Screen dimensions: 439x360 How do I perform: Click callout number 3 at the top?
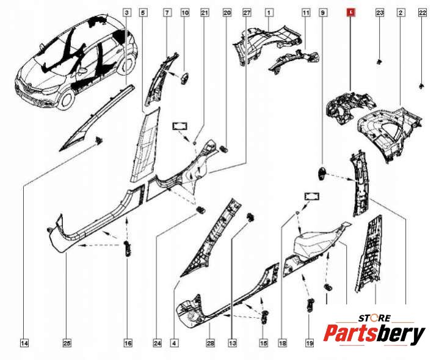coord(127,13)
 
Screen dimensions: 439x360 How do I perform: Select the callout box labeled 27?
coord(247,13)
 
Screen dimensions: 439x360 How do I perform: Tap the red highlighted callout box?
coord(351,13)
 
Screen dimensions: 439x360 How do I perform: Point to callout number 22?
coord(422,13)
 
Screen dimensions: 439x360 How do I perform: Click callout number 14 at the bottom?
coord(24,343)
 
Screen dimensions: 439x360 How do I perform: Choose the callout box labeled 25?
coord(67,343)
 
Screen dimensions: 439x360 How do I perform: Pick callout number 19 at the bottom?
coord(309,343)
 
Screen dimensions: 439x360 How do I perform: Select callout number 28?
coord(210,343)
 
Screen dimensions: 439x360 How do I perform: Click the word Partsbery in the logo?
coord(374,334)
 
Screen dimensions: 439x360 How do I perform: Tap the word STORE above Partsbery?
coord(374,318)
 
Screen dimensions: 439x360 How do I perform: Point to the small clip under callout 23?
coord(379,62)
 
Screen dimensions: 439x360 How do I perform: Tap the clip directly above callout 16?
coord(128,248)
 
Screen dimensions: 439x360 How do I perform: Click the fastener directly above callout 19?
coord(310,305)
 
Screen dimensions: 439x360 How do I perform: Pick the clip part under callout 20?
coord(224,149)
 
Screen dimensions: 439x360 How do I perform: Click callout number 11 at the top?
coord(306,13)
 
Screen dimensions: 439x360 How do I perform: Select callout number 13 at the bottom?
coord(232,343)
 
